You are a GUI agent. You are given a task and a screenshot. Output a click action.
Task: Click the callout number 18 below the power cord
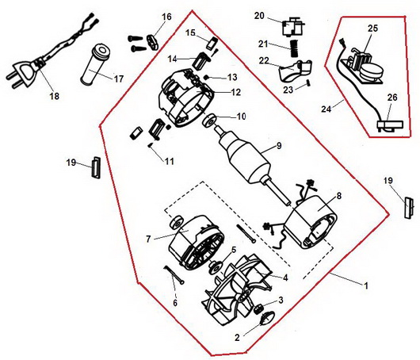coord(55,96)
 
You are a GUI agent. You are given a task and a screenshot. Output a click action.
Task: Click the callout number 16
coord(166,17)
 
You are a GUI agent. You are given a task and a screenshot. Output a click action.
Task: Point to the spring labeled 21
coord(294,48)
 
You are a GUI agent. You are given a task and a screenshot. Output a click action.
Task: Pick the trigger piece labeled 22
coord(294,71)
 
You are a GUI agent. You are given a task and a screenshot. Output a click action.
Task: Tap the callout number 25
coord(372,28)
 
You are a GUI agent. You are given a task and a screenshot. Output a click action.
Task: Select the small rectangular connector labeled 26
coord(390,125)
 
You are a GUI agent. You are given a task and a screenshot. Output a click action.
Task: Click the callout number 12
coord(235,92)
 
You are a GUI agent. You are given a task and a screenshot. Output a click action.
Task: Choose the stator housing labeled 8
coord(311,223)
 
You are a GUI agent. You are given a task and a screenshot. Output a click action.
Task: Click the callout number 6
coord(175,303)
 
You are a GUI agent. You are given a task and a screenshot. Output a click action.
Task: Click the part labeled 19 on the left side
coord(96,167)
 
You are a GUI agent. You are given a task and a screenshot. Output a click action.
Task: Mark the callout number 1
coord(365,285)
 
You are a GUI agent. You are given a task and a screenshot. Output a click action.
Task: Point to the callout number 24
coord(326,109)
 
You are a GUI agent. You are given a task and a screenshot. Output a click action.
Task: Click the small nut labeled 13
coord(207,77)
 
